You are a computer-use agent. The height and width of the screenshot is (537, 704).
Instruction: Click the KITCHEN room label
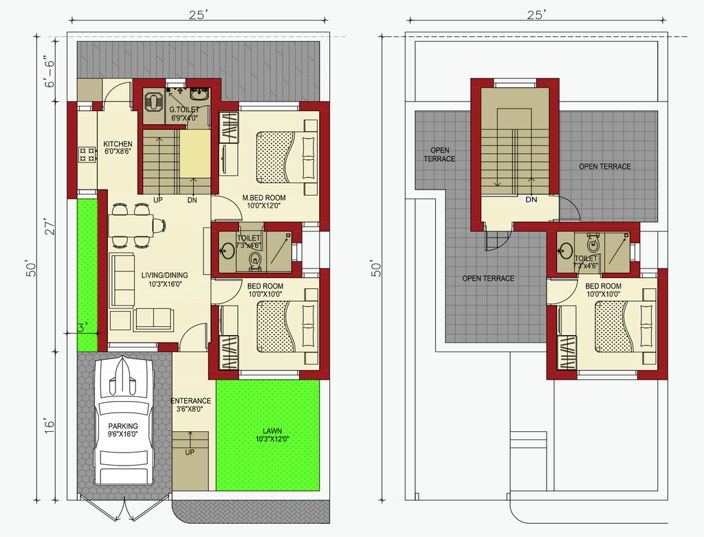point(118,144)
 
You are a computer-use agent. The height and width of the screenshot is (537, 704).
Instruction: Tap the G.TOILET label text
point(184,110)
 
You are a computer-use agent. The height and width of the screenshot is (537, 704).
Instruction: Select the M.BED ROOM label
point(264,197)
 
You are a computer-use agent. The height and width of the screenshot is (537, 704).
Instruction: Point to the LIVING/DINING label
point(164,275)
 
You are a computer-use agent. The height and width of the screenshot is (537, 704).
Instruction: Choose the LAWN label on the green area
point(272,431)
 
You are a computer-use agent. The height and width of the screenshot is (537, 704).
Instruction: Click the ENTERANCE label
point(191,400)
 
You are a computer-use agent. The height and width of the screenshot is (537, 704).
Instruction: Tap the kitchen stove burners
point(87,155)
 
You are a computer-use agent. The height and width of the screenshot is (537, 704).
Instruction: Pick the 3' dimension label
point(81,328)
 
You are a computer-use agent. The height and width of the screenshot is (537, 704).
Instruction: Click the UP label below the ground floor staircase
point(157,200)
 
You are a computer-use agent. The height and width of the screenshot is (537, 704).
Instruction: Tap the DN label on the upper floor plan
point(531,200)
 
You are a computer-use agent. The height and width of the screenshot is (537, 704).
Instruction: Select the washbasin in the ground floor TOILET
point(227,251)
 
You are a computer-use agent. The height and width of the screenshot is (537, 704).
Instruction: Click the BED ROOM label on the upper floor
point(604,286)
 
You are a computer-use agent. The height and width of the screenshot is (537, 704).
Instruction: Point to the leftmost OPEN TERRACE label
point(439,155)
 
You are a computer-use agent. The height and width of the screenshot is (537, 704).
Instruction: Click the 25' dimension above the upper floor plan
point(537,15)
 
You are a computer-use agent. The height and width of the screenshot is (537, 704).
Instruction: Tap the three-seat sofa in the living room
point(122,280)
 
